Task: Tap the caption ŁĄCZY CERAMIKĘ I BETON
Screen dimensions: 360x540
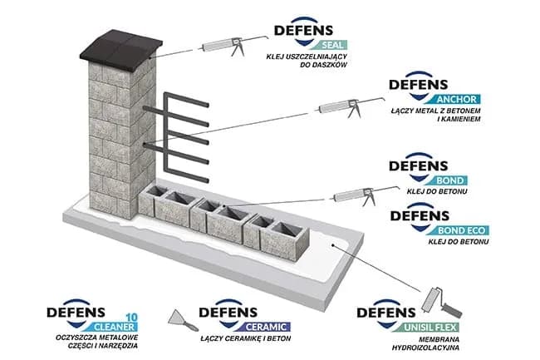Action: click(241, 339)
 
